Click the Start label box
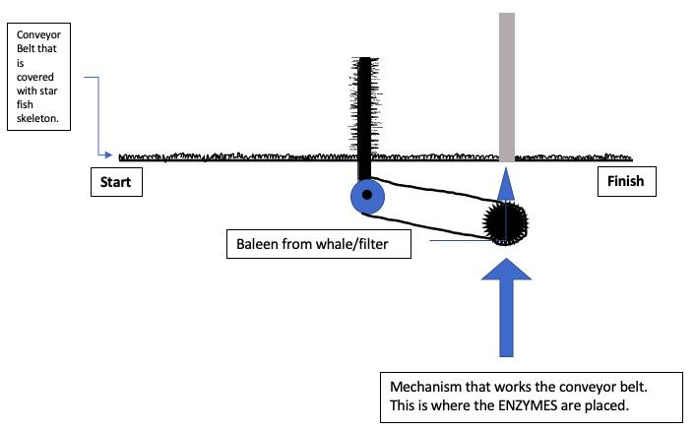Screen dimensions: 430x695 tap(115, 182)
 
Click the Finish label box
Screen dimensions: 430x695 tap(625, 181)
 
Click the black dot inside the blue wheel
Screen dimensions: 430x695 tap(367, 197)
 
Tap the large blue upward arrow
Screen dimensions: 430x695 tap(506, 305)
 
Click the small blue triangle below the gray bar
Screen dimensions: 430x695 tap(506, 184)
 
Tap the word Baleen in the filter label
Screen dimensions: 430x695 tap(257, 244)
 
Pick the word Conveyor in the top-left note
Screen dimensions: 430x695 tap(39, 34)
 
